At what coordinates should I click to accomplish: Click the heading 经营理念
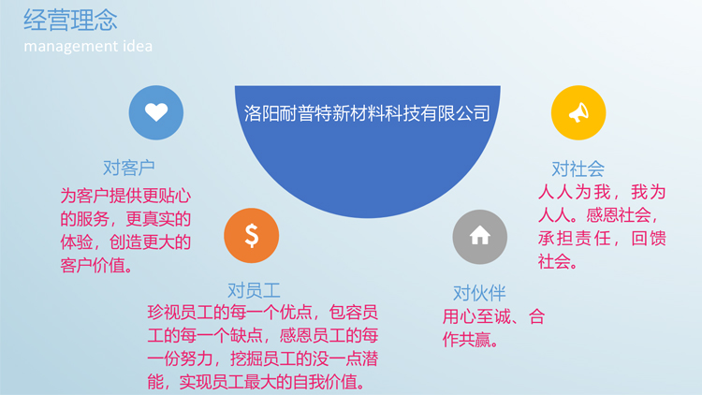coord(70,21)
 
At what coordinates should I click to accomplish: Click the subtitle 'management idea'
coord(88,46)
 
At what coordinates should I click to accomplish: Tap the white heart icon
coord(156,112)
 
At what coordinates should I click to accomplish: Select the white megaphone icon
coord(578,112)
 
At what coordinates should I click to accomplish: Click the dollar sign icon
coord(252,235)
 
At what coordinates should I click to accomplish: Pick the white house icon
coord(479,235)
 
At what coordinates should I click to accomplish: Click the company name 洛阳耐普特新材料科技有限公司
coord(367,113)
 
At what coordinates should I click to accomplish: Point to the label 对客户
coord(129,168)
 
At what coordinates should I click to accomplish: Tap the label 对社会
coord(578,169)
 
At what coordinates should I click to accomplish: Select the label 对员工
coord(254,291)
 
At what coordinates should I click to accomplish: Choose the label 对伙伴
coord(479,293)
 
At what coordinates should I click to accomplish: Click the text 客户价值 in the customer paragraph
coord(93,266)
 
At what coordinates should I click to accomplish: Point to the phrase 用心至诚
coord(476,316)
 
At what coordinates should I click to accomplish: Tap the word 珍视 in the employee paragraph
coord(164,312)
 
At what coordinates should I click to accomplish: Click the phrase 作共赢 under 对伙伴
coord(467,340)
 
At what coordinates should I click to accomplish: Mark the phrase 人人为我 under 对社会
coord(574,192)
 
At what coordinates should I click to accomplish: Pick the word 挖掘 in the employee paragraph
coord(246,358)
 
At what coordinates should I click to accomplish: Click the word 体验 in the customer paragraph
coord(77,242)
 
